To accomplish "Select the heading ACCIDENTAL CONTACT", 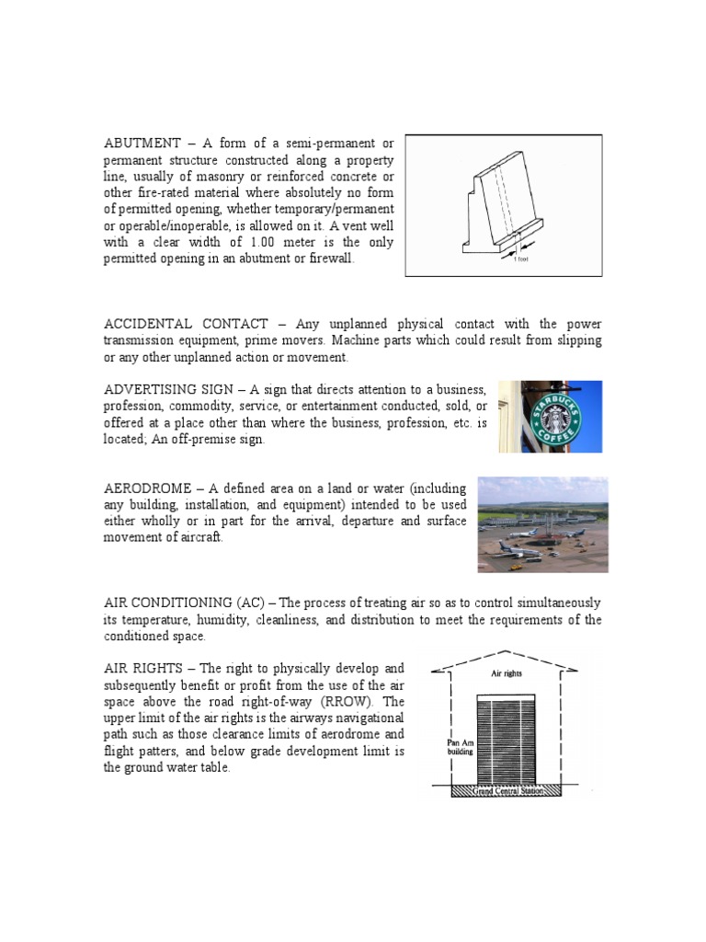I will point(186,324).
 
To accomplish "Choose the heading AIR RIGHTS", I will point(145,669).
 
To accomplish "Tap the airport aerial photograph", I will point(542,524).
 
